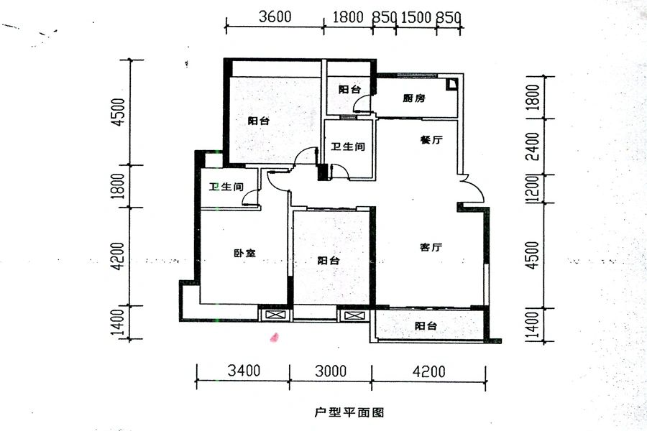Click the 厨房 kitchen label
pyautogui.click(x=414, y=98)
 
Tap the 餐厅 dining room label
pyautogui.click(x=430, y=141)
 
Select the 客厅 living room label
pyautogui.click(x=431, y=247)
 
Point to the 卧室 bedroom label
pyautogui.click(x=245, y=253)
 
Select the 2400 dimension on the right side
pyautogui.click(x=532, y=147)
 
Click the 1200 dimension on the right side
pyautogui.click(x=532, y=189)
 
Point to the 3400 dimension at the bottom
pyautogui.click(x=244, y=371)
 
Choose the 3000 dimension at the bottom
pyautogui.click(x=331, y=371)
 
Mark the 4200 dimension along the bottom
pyautogui.click(x=429, y=371)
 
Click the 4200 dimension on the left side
pyautogui.click(x=119, y=256)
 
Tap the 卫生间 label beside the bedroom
pyautogui.click(x=226, y=187)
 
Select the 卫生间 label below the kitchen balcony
pyautogui.click(x=348, y=147)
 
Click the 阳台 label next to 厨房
pyautogui.click(x=349, y=90)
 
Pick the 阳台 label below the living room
pyautogui.click(x=426, y=326)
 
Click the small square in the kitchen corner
pyautogui.click(x=451, y=84)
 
